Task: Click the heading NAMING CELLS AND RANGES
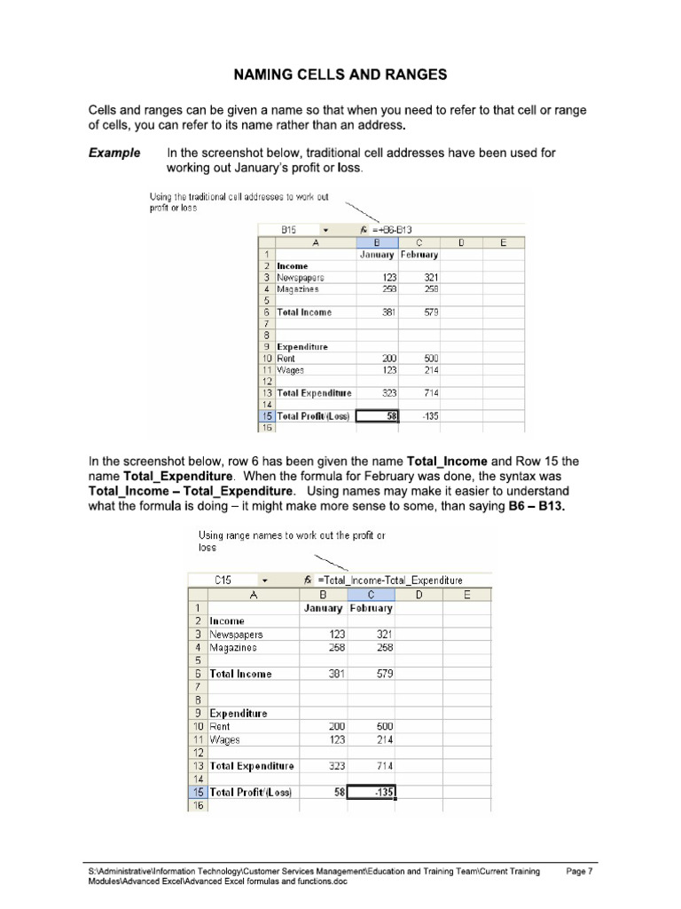pyautogui.click(x=340, y=75)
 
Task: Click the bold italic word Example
pyautogui.click(x=114, y=153)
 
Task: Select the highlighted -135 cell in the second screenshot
pyautogui.click(x=372, y=792)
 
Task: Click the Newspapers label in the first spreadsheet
pyautogui.click(x=301, y=277)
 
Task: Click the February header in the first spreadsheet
pyautogui.click(x=419, y=254)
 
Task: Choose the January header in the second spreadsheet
pyautogui.click(x=323, y=608)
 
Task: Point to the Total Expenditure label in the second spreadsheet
pyautogui.click(x=252, y=765)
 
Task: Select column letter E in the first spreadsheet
pyautogui.click(x=503, y=241)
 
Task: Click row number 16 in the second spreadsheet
pyautogui.click(x=198, y=805)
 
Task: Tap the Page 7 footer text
pyautogui.click(x=578, y=872)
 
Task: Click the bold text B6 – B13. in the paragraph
pyautogui.click(x=528, y=506)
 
